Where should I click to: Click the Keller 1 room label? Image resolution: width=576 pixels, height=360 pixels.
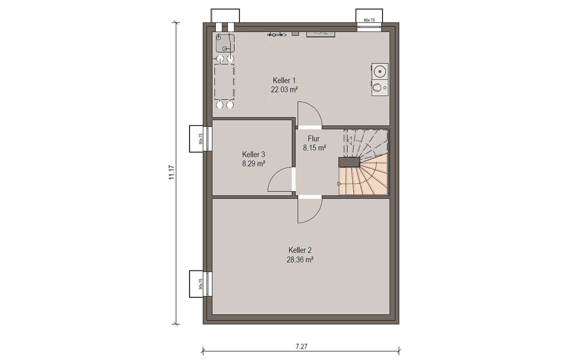pyautogui.click(x=284, y=80)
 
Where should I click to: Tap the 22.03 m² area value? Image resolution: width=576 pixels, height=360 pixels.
pyautogui.click(x=284, y=90)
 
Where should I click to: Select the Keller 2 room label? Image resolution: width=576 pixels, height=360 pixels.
pyautogui.click(x=300, y=250)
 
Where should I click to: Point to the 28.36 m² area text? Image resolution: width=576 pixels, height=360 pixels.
pyautogui.click(x=300, y=260)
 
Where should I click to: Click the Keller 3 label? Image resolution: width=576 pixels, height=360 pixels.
pyautogui.click(x=254, y=154)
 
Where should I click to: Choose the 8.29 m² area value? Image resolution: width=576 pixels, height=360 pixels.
pyautogui.click(x=254, y=164)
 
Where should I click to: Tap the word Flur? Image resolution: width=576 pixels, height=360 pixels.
pyautogui.click(x=313, y=139)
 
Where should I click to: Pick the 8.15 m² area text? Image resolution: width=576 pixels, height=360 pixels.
pyautogui.click(x=314, y=148)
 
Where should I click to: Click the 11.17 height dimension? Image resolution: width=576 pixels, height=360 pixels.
pyautogui.click(x=171, y=172)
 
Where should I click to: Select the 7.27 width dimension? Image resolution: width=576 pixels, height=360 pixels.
pyautogui.click(x=301, y=347)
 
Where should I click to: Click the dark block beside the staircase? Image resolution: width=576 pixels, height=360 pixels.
pyautogui.click(x=349, y=162)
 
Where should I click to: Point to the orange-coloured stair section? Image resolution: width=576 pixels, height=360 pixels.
pyautogui.click(x=363, y=177)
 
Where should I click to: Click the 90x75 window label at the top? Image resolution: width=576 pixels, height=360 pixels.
pyautogui.click(x=369, y=20)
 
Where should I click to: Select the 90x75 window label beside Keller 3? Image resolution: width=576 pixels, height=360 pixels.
pyautogui.click(x=201, y=139)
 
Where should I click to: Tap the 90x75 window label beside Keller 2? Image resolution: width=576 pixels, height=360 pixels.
pyautogui.click(x=201, y=284)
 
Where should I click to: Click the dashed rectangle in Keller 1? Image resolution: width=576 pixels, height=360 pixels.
pyautogui.click(x=224, y=82)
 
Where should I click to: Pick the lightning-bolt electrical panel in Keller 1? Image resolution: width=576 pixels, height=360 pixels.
pyautogui.click(x=320, y=34)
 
